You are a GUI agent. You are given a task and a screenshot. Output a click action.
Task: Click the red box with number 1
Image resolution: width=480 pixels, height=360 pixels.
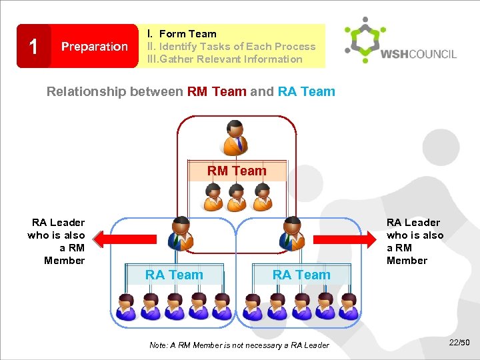[x=33, y=46]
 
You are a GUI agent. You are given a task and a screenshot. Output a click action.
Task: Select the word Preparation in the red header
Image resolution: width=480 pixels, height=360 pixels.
[x=95, y=47]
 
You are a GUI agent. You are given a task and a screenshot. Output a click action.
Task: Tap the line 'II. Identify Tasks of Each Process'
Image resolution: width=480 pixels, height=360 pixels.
[x=231, y=46]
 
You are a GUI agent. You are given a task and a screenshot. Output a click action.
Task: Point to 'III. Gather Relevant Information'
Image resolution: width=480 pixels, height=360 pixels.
[x=225, y=59]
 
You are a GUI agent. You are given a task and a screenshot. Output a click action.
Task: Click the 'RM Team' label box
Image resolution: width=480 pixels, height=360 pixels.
[x=237, y=171]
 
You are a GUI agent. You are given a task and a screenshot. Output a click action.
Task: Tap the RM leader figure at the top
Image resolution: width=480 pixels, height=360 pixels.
[x=235, y=137]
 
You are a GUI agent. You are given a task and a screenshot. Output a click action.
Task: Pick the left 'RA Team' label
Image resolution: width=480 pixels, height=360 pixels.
[x=174, y=274]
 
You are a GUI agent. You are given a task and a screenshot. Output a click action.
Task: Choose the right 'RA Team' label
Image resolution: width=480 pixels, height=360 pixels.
[x=301, y=274]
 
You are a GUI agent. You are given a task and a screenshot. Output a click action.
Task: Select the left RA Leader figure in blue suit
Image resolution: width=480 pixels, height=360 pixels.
[x=181, y=233]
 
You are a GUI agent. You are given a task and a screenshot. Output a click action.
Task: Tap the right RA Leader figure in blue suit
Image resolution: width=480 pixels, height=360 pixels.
[x=291, y=233]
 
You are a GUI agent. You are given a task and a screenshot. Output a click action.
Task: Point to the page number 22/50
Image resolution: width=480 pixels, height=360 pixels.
[x=459, y=343]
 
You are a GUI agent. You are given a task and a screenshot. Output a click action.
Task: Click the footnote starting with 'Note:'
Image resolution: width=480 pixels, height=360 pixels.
[x=239, y=345]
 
